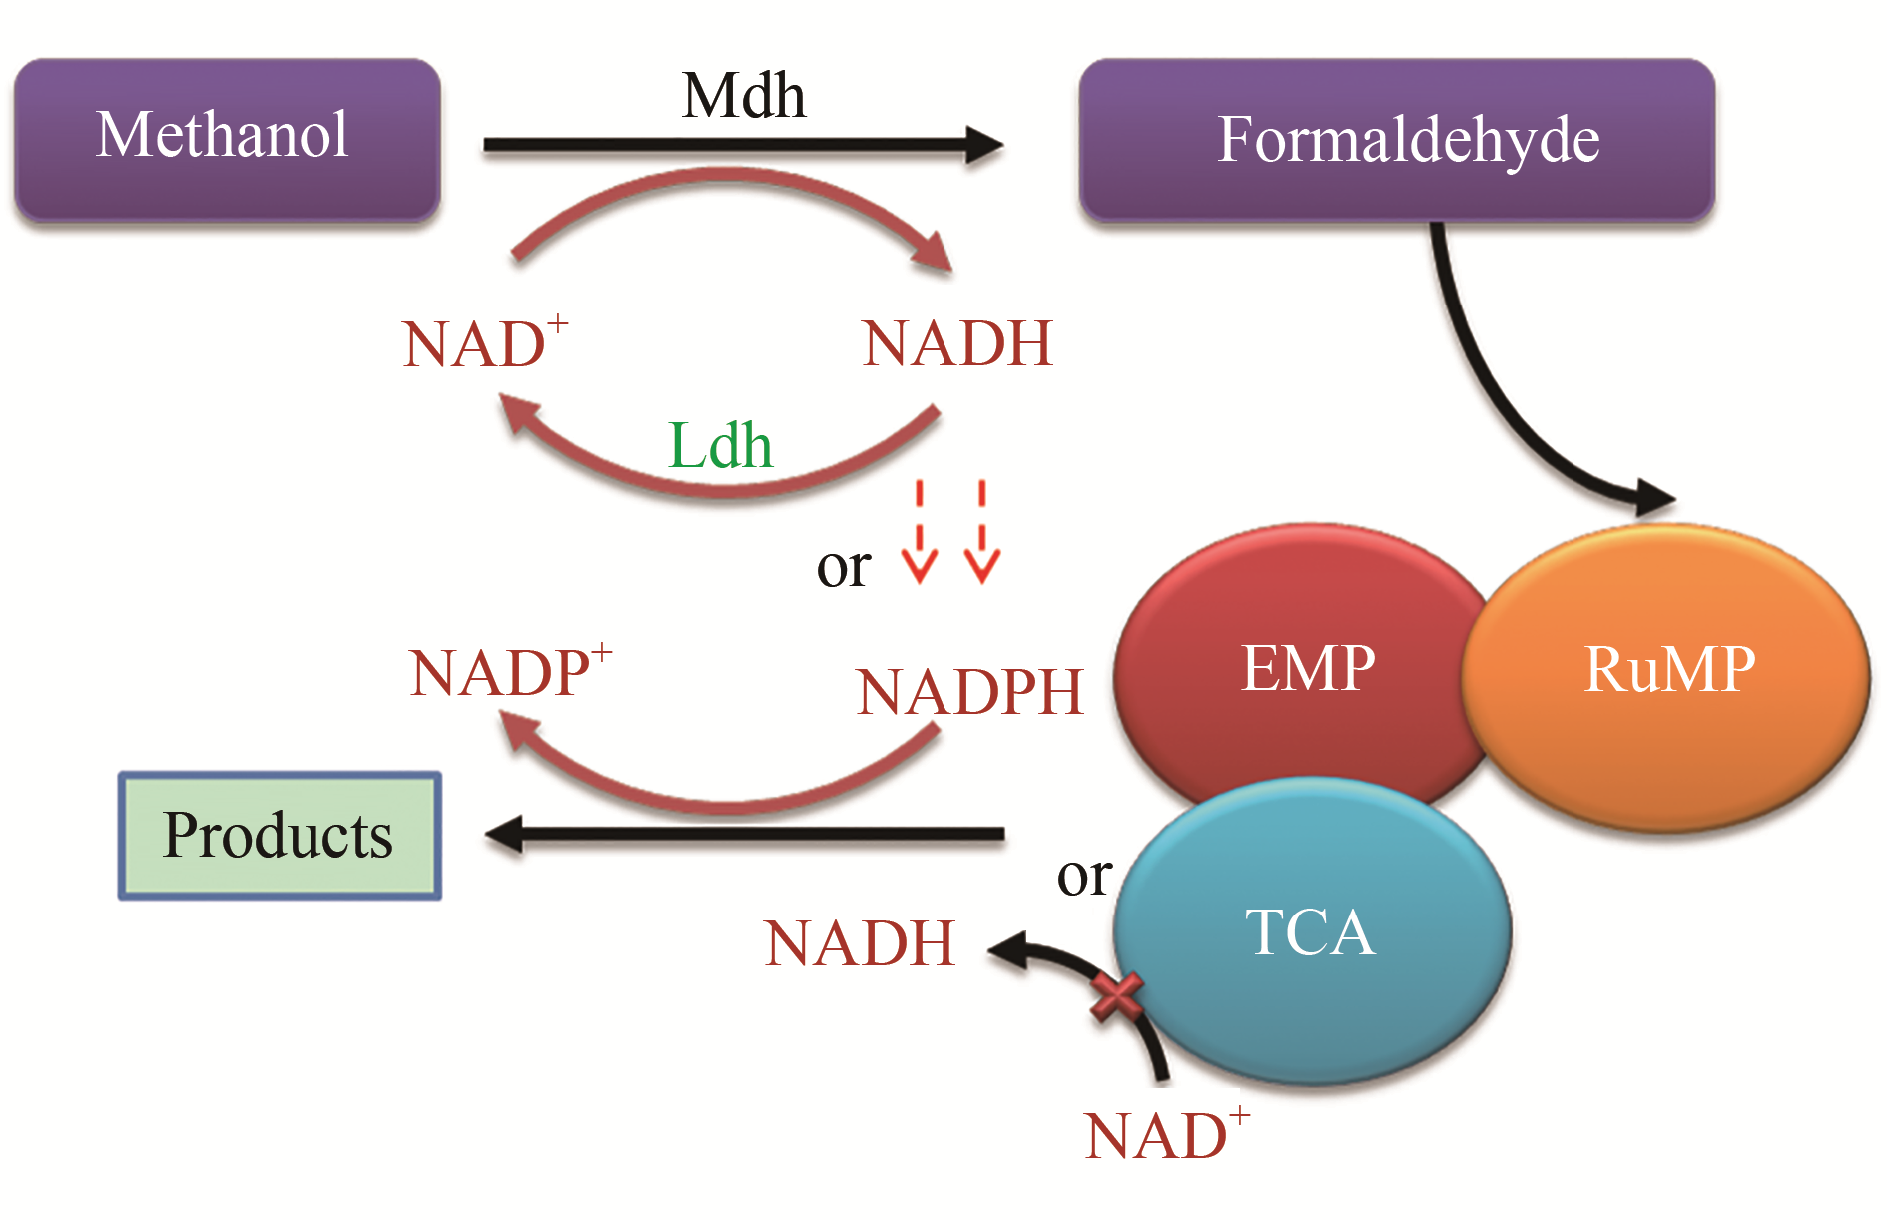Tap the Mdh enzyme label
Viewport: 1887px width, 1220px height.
pyautogui.click(x=743, y=96)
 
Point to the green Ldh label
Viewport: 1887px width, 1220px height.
pyautogui.click(x=720, y=445)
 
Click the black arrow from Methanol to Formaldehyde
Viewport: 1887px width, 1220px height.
pyautogui.click(x=743, y=145)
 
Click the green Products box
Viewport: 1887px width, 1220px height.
pyautogui.click(x=280, y=835)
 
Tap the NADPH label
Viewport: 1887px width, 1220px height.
pyautogui.click(x=969, y=692)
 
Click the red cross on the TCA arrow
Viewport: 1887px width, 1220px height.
pyautogui.click(x=1116, y=997)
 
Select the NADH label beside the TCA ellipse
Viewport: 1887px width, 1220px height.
pyautogui.click(x=860, y=943)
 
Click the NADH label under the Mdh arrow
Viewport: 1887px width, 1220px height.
pyautogui.click(x=956, y=344)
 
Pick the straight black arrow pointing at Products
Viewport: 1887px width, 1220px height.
pyautogui.click(x=745, y=834)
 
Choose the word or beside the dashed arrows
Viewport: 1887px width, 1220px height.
pyautogui.click(x=843, y=567)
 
